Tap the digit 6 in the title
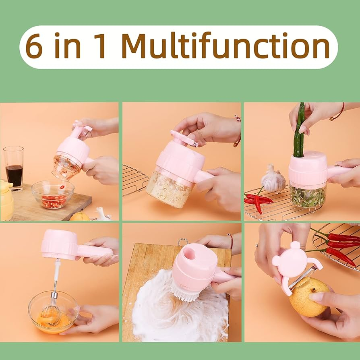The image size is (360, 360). (34, 46)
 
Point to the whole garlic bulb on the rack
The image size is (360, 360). (273, 179)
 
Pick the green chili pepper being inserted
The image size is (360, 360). (299, 131)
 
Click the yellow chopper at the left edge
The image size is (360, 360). (6, 200)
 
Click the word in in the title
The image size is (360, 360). (68, 46)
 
